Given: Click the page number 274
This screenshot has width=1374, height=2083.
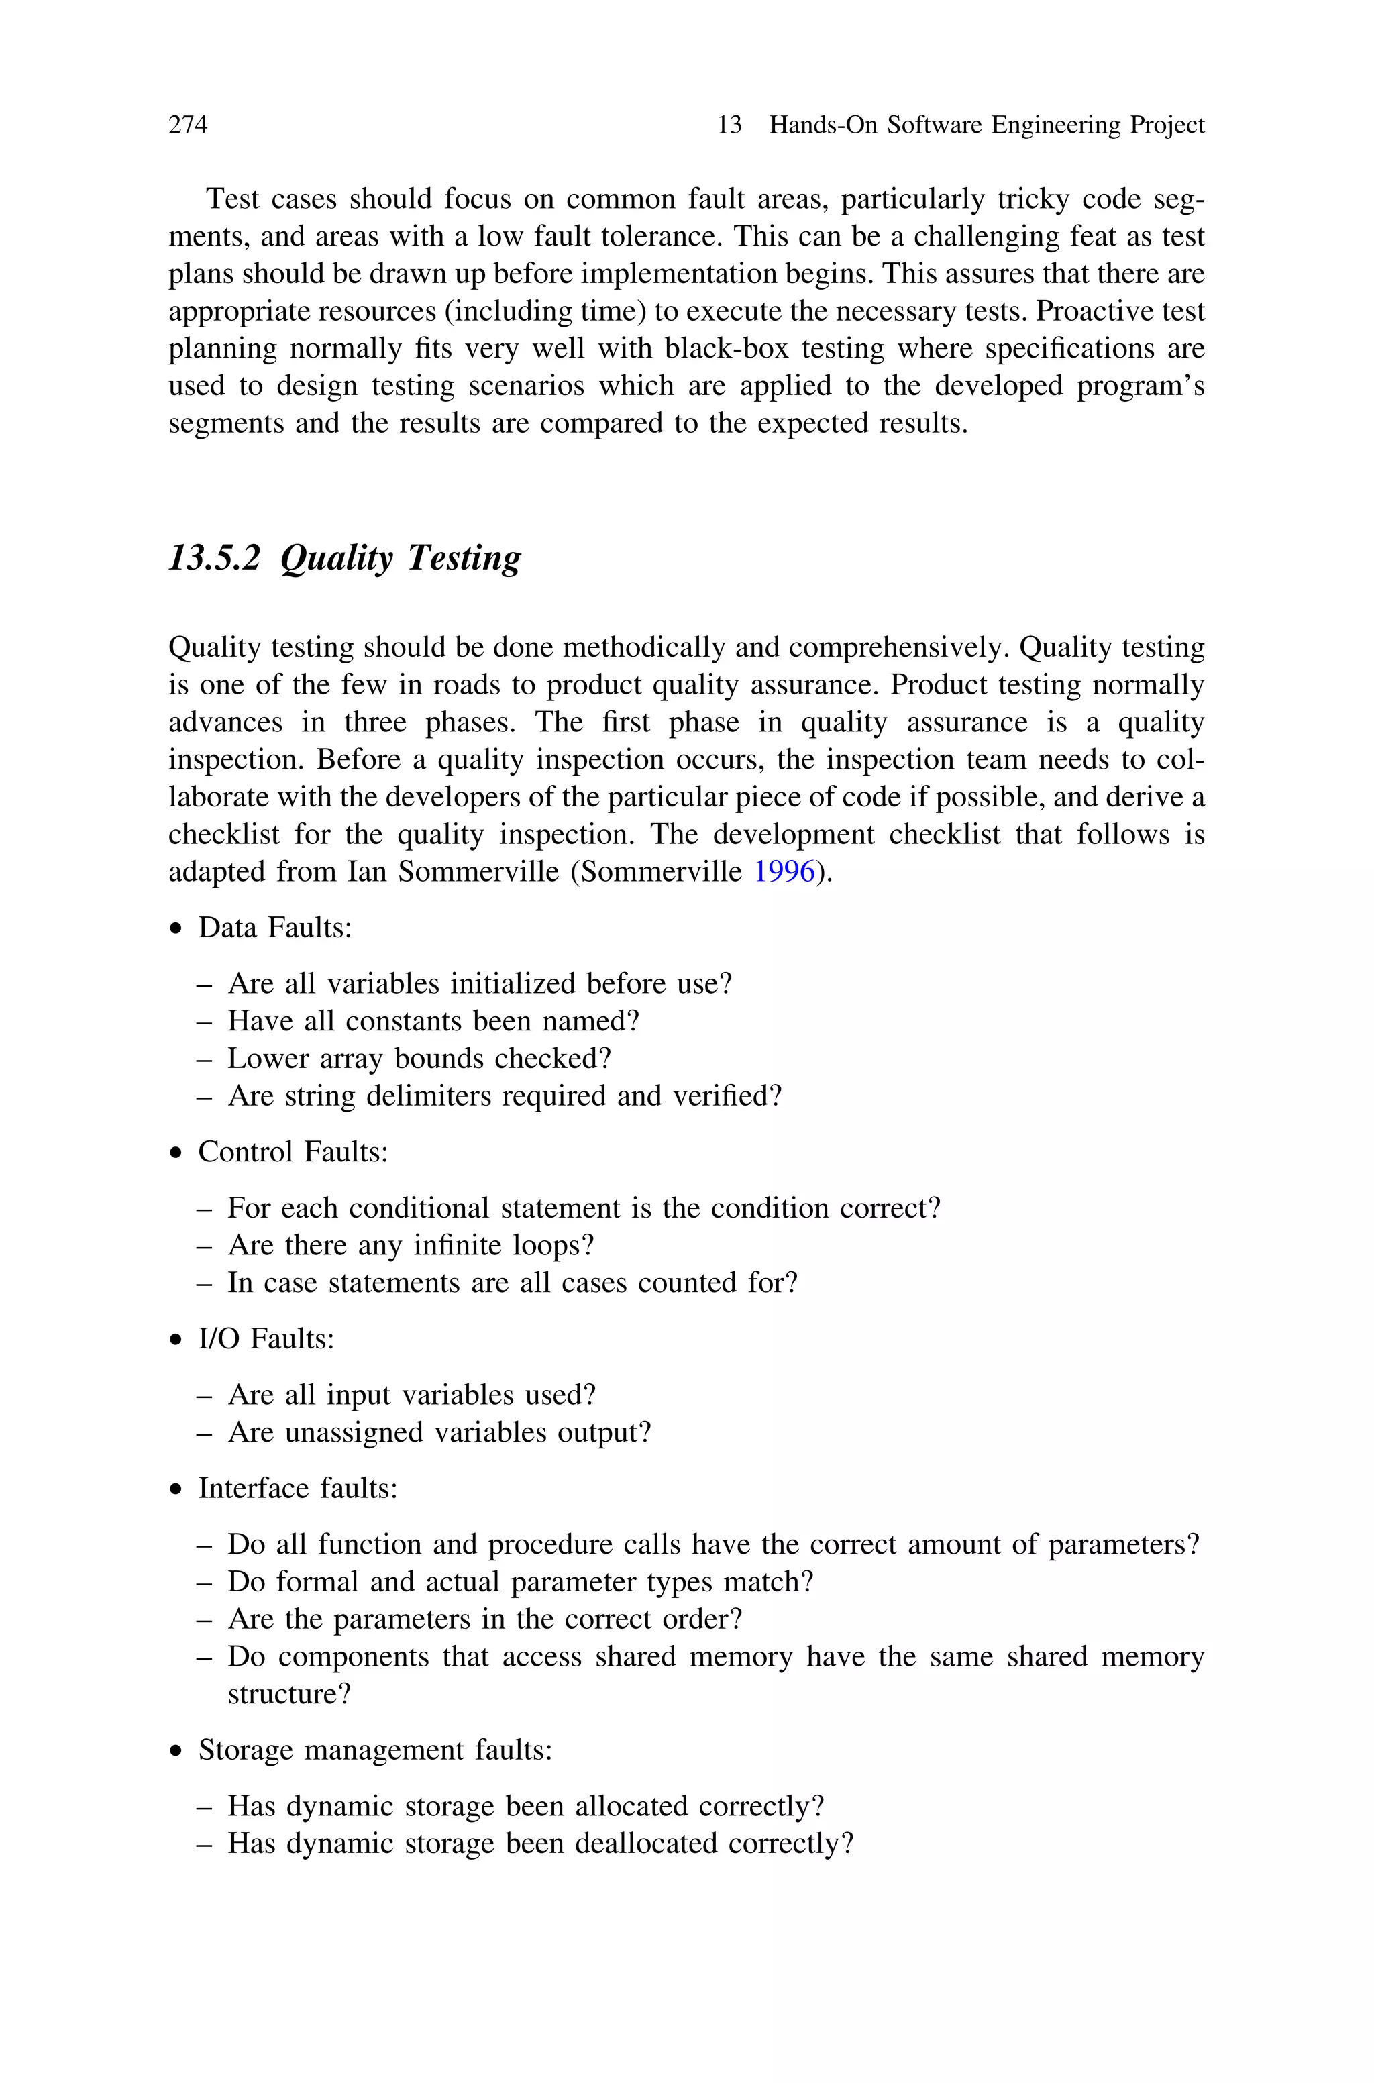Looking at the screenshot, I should tap(188, 125).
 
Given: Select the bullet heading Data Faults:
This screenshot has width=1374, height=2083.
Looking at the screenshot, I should tap(274, 928).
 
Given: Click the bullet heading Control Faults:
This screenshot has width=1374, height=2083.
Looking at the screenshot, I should tap(293, 1152).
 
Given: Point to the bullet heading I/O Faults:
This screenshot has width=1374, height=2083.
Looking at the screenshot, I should tap(266, 1339).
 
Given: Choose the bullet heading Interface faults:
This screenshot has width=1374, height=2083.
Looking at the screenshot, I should tap(298, 1488).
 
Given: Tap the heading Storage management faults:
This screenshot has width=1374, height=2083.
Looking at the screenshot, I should tap(375, 1750).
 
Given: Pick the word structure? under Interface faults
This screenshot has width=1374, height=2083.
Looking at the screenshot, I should tap(289, 1694).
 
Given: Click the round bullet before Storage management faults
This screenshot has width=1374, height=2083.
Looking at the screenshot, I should tap(178, 1752).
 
